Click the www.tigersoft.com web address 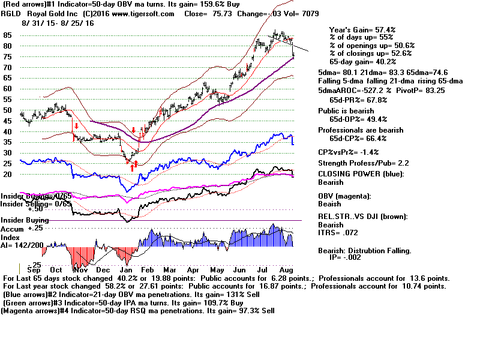click(146, 14)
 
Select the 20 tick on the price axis click(7, 174)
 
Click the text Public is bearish click(347, 111)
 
